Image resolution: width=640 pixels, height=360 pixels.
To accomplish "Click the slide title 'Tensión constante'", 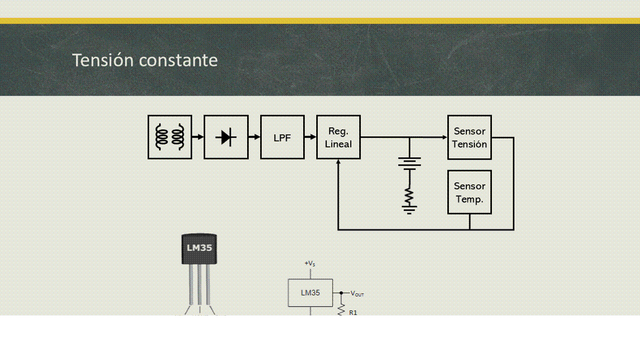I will pyautogui.click(x=145, y=60).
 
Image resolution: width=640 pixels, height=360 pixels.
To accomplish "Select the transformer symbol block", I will pyautogui.click(x=170, y=137).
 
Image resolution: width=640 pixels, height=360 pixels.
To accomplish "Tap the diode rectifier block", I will pyautogui.click(x=226, y=137).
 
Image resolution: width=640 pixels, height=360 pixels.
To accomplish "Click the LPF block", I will pyautogui.click(x=282, y=137).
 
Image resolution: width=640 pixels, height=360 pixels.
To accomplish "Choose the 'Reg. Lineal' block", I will pyautogui.click(x=338, y=137).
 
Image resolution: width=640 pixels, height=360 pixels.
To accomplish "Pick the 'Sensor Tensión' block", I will pyautogui.click(x=469, y=137).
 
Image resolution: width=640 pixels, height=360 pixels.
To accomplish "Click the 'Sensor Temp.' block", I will pyautogui.click(x=469, y=192).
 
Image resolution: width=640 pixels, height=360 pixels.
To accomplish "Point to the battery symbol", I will pyautogui.click(x=409, y=163).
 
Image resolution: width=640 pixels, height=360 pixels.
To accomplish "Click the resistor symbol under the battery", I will pyautogui.click(x=409, y=196).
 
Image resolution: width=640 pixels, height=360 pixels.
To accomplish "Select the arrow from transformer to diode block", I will pyautogui.click(x=198, y=137).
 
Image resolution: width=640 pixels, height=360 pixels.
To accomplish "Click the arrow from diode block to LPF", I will pyautogui.click(x=254, y=137).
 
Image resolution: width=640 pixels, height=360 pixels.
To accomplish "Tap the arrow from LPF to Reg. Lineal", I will pyautogui.click(x=311, y=137).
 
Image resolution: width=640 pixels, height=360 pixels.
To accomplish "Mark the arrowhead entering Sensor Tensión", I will pyautogui.click(x=444, y=137).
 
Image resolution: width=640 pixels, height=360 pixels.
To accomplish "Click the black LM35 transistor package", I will pyautogui.click(x=199, y=249).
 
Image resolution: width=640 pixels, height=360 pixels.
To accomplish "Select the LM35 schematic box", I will pyautogui.click(x=310, y=293).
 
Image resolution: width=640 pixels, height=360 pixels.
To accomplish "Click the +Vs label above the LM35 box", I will pyautogui.click(x=310, y=263).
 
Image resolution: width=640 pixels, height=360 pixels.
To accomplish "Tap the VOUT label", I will pyautogui.click(x=357, y=293).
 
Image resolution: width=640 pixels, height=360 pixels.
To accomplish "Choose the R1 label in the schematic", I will pyautogui.click(x=353, y=312).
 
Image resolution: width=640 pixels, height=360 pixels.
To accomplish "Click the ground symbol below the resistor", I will pyautogui.click(x=409, y=210).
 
